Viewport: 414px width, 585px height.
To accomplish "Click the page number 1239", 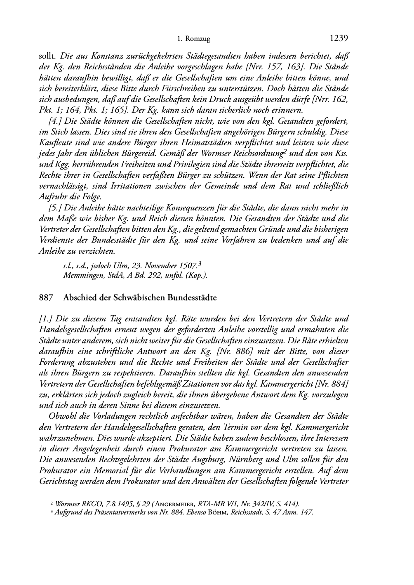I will coord(339,38).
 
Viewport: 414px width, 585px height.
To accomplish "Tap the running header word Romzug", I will coord(199,39).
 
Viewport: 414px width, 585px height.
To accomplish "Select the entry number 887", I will coord(45,297).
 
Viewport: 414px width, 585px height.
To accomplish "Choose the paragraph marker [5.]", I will coord(55,208).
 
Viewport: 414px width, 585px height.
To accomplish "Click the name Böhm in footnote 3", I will coord(218,512).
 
